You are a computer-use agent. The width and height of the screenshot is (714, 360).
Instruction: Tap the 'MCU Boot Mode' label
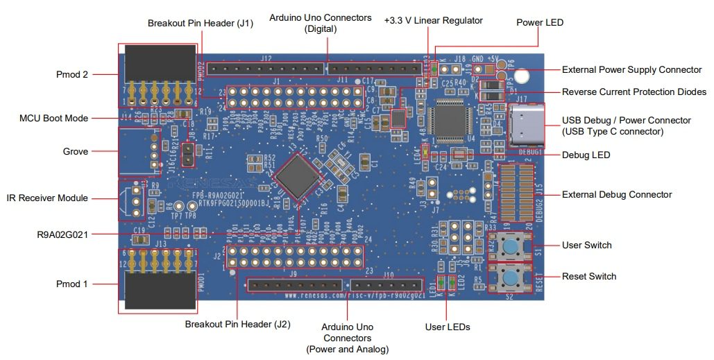coord(53,118)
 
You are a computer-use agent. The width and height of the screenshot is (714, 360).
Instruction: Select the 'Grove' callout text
coord(76,151)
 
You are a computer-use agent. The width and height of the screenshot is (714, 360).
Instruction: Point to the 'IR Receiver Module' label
coord(47,198)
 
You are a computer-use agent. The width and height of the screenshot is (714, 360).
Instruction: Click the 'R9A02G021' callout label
coord(64,234)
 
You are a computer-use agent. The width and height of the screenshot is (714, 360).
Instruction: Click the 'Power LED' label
coord(540,22)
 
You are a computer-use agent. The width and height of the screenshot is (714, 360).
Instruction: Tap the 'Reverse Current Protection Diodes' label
coord(634,92)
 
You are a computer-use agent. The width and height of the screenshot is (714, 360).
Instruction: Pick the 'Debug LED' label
coord(586,155)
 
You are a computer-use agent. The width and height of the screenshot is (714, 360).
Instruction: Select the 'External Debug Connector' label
coord(616,194)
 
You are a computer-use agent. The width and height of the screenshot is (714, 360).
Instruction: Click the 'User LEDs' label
coord(448,327)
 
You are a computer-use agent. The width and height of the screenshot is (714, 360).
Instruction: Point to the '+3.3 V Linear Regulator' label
coord(433,21)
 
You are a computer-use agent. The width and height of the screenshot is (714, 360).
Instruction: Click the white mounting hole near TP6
coord(523,75)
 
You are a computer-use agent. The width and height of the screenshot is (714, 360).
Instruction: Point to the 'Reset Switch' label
coord(588,276)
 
